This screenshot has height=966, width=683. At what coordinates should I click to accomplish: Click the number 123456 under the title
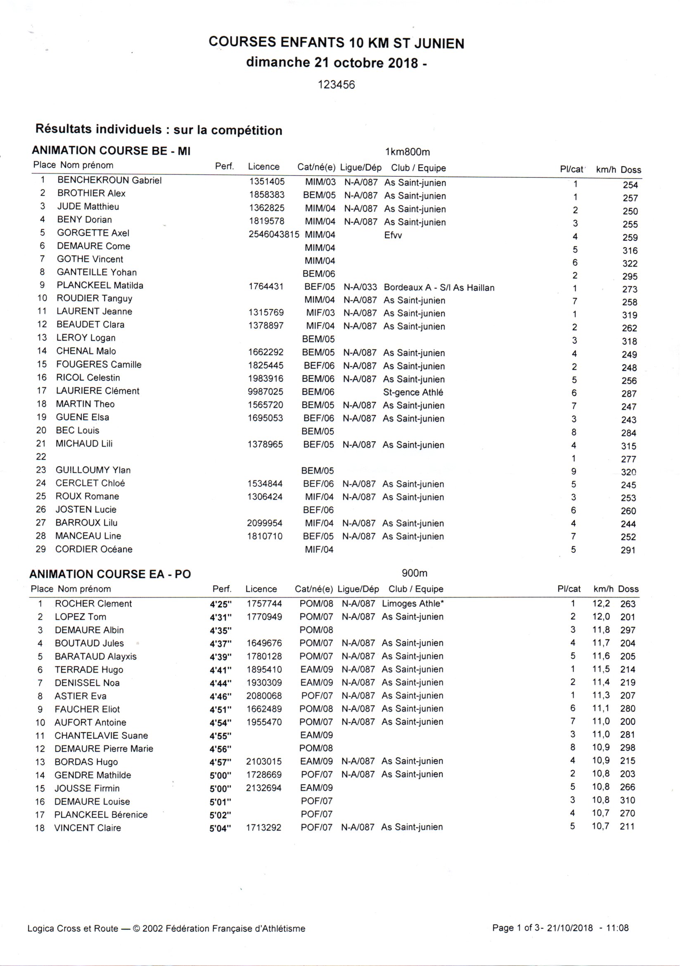point(336,85)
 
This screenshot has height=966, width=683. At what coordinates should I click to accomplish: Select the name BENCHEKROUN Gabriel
point(109,181)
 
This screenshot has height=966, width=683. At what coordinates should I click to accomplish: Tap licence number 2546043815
point(274,234)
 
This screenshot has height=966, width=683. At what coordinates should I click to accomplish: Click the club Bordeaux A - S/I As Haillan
point(439,288)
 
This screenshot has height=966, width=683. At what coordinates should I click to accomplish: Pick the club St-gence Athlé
point(413,393)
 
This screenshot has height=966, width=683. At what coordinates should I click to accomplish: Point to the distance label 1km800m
point(407,152)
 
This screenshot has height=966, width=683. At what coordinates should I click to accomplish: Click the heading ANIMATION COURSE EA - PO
point(110,574)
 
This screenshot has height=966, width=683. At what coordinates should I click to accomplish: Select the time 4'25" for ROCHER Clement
point(221,604)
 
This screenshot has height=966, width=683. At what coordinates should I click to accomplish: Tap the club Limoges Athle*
point(413,604)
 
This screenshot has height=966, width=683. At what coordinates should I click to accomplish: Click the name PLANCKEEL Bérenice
point(101,814)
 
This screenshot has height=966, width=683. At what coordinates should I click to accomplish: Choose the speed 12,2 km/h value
point(601,604)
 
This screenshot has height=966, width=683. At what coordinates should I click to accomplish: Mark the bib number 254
point(630,185)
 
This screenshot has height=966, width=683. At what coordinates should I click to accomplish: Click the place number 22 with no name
point(41,457)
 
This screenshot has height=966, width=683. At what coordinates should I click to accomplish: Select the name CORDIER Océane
point(94,550)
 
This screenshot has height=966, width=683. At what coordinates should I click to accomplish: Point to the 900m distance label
point(414,573)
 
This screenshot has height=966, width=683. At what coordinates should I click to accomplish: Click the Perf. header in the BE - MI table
point(224,167)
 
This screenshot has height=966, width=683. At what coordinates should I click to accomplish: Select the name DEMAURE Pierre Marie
point(104,749)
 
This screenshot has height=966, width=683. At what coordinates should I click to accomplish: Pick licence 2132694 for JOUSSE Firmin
point(264,788)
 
